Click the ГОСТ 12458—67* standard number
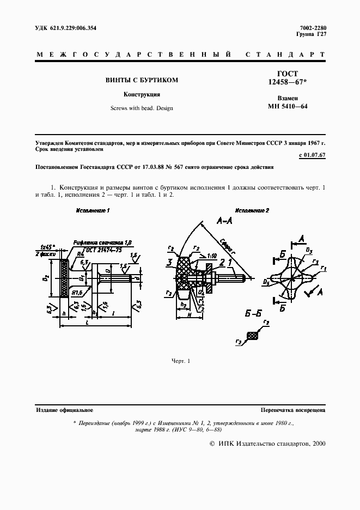[x=287, y=78]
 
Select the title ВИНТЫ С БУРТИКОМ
[x=142, y=80]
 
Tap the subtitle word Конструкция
[x=142, y=94]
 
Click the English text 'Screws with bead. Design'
[x=142, y=108]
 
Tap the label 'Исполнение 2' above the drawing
[x=252, y=210]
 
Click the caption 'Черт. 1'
[x=180, y=361]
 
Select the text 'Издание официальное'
[x=64, y=410]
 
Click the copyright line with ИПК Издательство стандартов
[x=267, y=444]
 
